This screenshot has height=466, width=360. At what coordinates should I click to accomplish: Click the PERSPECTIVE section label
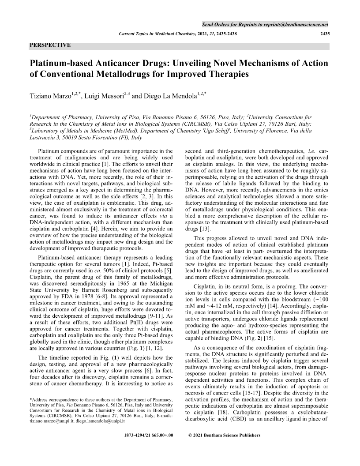tap(50, 45)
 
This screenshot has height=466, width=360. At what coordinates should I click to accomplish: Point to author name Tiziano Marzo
tap(51, 95)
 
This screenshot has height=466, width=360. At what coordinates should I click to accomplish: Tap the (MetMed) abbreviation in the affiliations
tap(113, 131)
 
